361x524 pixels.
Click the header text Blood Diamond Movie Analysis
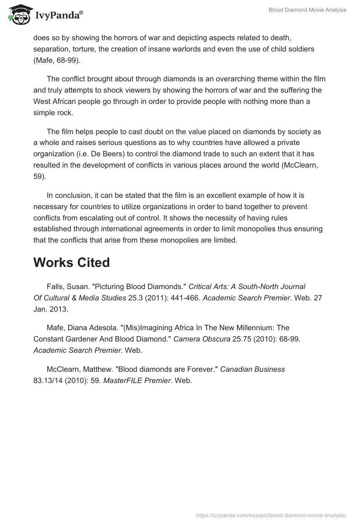point(307,10)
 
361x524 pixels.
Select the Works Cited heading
point(71,263)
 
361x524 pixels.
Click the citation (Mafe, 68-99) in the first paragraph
point(57,60)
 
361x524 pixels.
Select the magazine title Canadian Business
point(252,369)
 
